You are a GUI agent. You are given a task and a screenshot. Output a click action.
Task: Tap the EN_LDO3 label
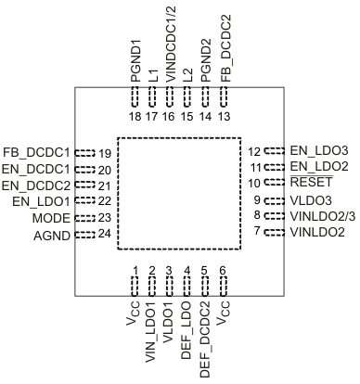tap(319, 150)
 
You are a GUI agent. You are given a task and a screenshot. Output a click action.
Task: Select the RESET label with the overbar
tap(311, 183)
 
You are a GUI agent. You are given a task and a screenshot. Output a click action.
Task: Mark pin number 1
tap(135, 270)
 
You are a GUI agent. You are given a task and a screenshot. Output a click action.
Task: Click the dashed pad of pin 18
tap(135, 96)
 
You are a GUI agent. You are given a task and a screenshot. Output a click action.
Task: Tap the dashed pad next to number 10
tap(275, 183)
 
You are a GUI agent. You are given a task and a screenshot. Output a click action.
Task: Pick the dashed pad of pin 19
tap(85, 152)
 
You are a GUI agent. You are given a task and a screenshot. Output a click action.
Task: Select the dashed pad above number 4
tap(187, 283)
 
